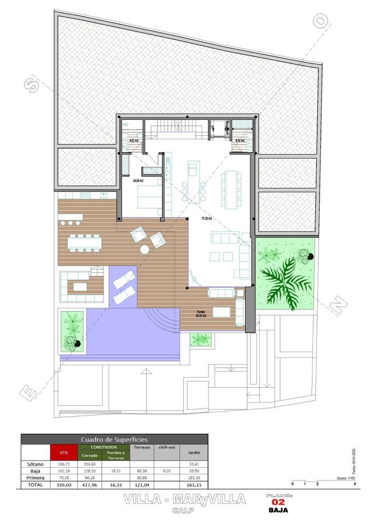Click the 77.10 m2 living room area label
pyautogui.click(x=206, y=218)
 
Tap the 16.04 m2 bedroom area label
pyautogui.click(x=138, y=180)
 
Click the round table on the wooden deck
pyautogui.click(x=144, y=249)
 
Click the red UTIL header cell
pyautogui.click(x=63, y=453)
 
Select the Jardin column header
pyautogui.click(x=194, y=453)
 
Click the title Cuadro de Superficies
pyautogui.click(x=114, y=439)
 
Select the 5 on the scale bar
pyautogui.click(x=355, y=484)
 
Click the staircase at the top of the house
pyautogui.click(x=178, y=129)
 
